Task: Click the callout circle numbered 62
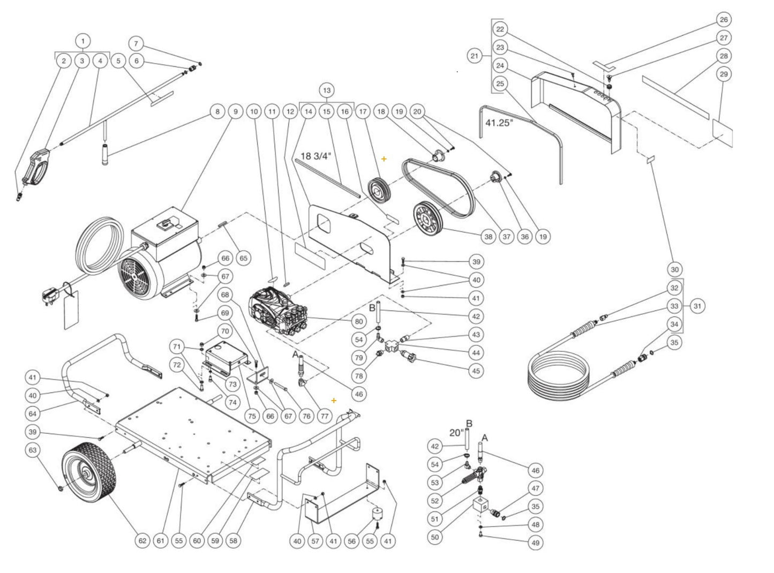point(142,541)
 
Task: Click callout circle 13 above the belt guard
point(327,89)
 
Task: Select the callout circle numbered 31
point(697,306)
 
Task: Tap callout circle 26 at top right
point(724,20)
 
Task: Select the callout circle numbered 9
point(235,112)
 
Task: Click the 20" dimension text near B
point(456,433)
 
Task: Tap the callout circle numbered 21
point(474,55)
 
